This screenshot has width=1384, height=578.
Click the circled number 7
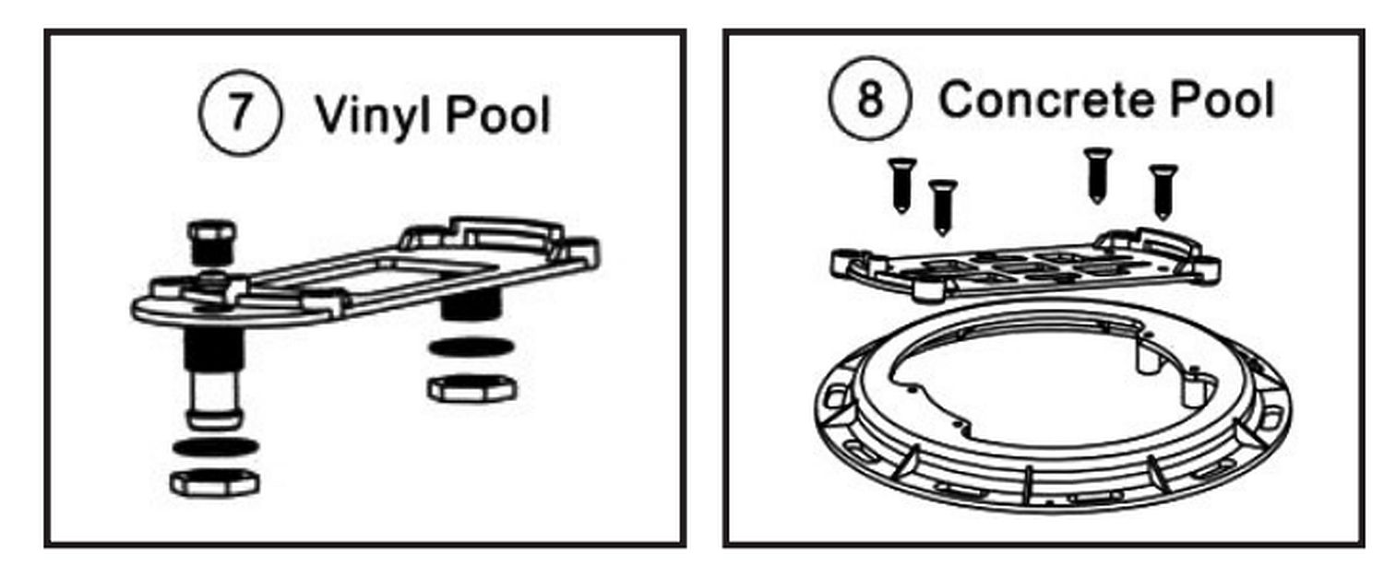click(x=240, y=113)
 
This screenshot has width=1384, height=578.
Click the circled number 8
click(x=870, y=99)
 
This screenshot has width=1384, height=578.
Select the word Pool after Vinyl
click(x=498, y=115)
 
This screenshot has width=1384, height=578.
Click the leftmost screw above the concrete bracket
click(x=902, y=185)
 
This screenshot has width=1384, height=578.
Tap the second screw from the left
click(x=942, y=207)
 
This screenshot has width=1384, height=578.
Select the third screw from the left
click(x=1097, y=175)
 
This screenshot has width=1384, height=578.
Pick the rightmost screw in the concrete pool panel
click(x=1163, y=192)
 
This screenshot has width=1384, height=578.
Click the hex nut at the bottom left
click(x=214, y=482)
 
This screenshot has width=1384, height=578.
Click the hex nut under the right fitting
click(x=472, y=388)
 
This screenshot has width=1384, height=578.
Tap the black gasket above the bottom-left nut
click(x=215, y=446)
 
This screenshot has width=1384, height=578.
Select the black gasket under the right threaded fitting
click(x=471, y=347)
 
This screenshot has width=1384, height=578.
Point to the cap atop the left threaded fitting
click(x=211, y=242)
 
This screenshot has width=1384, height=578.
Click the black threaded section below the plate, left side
click(x=214, y=348)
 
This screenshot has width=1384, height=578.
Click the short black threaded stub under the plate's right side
click(x=471, y=304)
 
